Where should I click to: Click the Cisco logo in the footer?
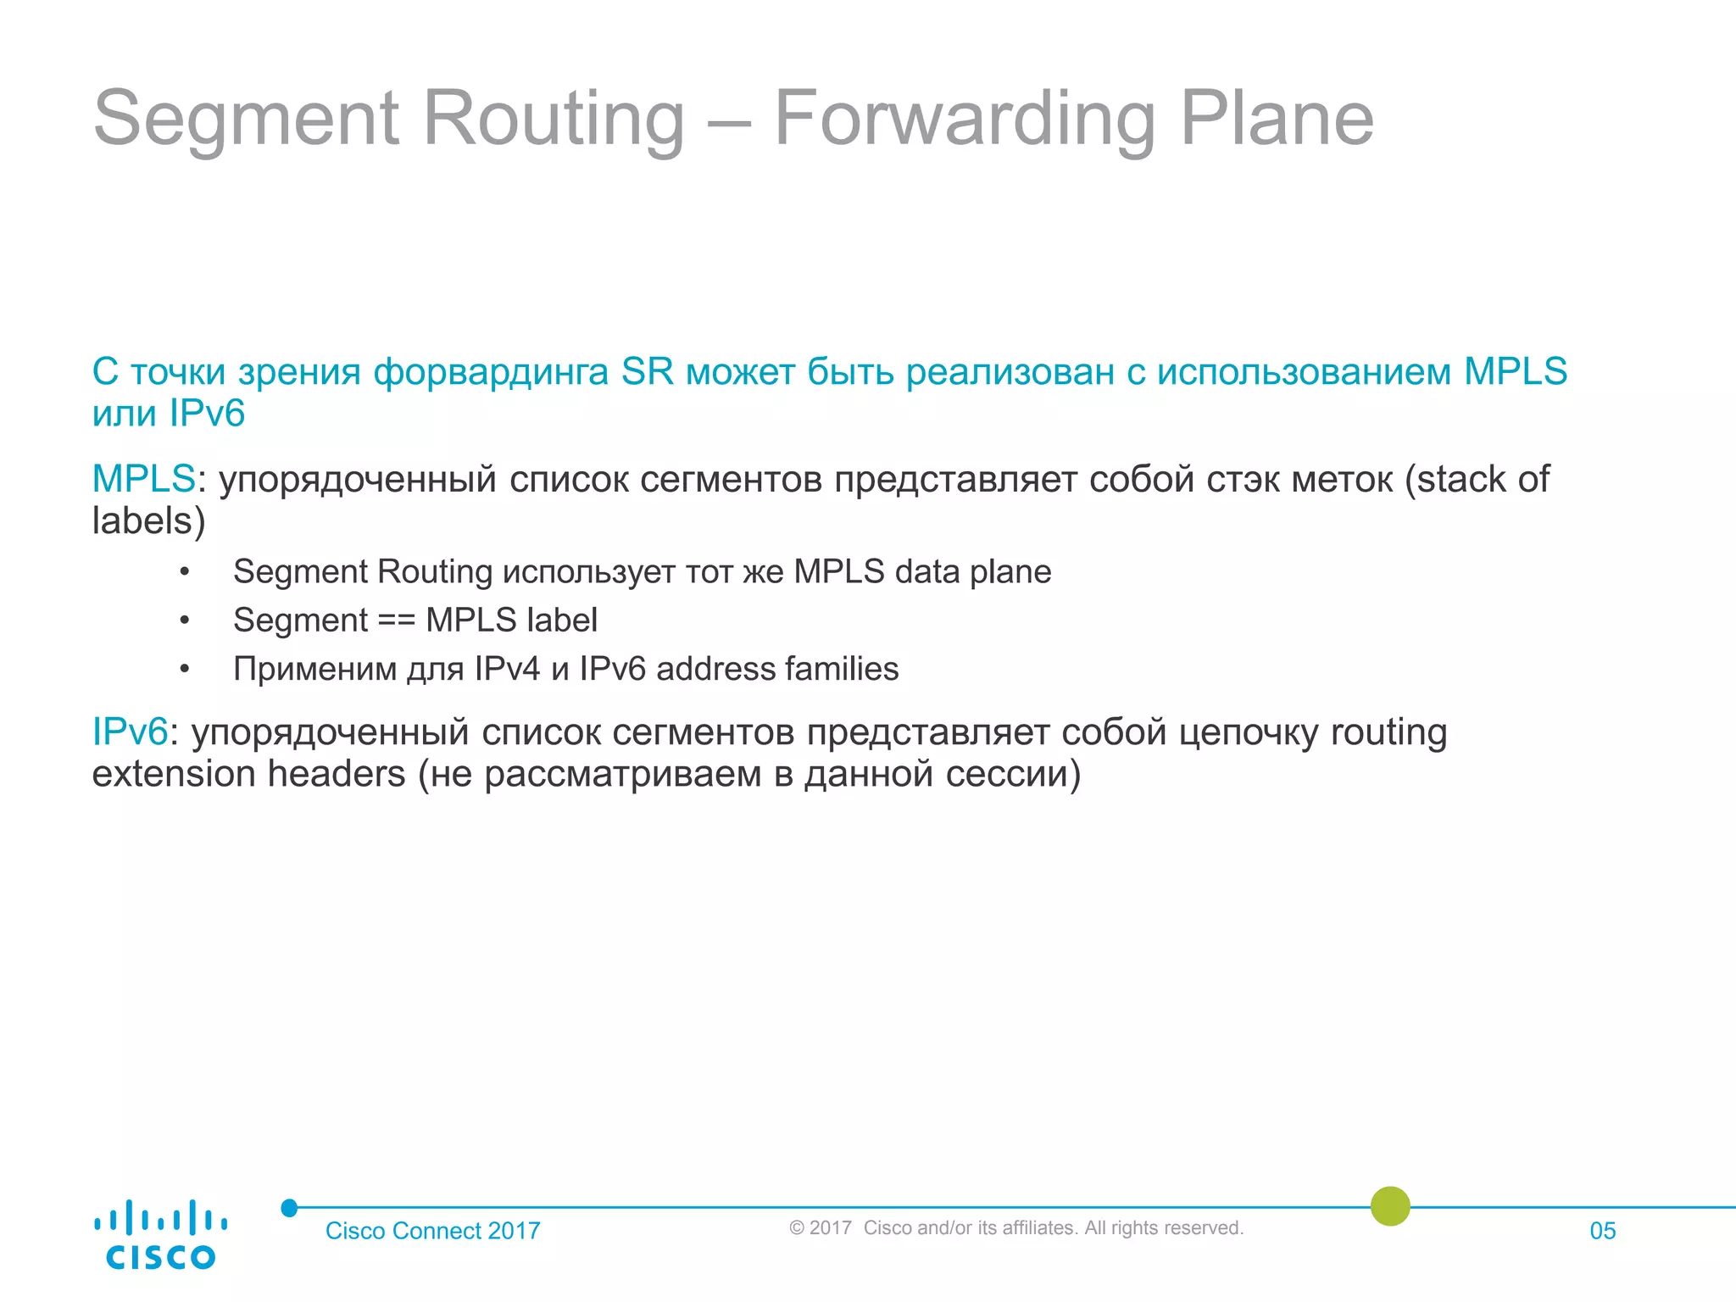[160, 1235]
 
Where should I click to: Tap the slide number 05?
[1602, 1231]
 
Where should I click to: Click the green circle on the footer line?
[1390, 1206]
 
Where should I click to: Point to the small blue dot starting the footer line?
[289, 1208]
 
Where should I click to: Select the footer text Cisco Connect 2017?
[432, 1231]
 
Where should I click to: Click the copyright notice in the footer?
[1015, 1228]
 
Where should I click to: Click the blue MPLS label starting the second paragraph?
[143, 479]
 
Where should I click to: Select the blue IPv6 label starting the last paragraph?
[130, 732]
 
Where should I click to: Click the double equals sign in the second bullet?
[397, 620]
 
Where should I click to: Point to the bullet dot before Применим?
[185, 669]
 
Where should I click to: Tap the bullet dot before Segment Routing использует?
[185, 572]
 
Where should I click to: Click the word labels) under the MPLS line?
[148, 520]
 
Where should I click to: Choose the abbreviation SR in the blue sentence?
[647, 372]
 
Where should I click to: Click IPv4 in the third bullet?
[507, 669]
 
